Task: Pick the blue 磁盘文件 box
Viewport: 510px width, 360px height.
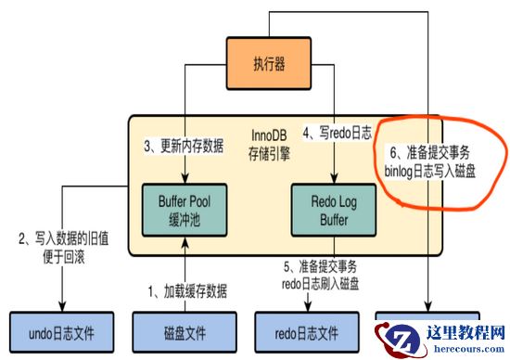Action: click(x=185, y=329)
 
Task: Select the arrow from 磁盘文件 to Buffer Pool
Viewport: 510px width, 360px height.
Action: click(x=185, y=269)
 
